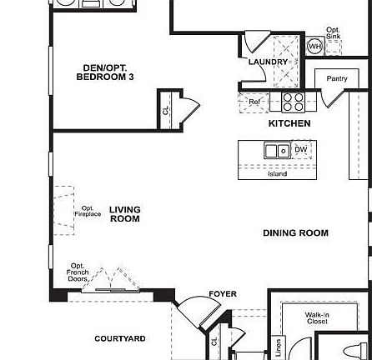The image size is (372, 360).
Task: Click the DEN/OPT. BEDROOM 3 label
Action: coord(106,72)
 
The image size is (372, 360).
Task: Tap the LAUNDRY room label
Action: coord(268,62)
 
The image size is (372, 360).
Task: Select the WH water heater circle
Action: coord(314,47)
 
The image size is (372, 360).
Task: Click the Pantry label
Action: coord(336,79)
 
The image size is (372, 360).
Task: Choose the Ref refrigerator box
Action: coord(255,101)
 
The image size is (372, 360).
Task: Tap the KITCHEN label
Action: coord(289,123)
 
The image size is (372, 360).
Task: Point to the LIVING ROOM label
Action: coord(124,214)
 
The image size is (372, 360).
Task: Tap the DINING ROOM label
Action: coord(295,233)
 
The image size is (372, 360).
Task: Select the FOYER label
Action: coord(222,294)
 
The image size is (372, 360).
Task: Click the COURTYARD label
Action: coord(120,338)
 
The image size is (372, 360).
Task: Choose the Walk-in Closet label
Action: coord(317,317)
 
